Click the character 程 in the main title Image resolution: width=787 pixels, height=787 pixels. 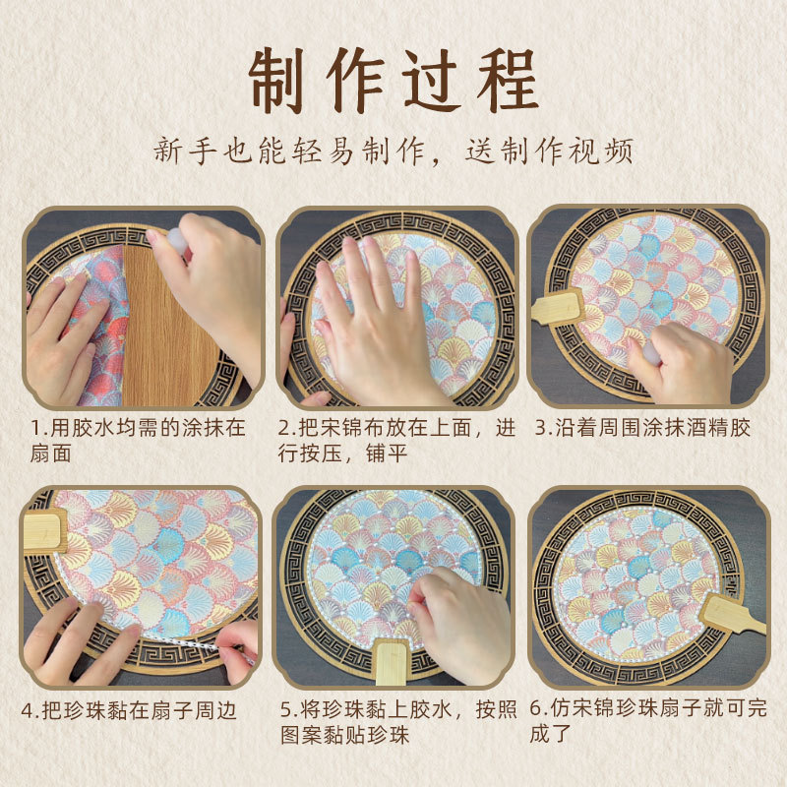click(508, 80)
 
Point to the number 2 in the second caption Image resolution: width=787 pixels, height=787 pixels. click(284, 428)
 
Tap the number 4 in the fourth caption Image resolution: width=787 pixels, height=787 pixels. click(28, 711)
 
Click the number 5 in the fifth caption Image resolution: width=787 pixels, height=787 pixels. click(286, 709)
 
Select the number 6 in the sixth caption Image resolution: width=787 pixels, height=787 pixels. click(536, 708)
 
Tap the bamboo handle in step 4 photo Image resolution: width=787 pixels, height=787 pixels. click(45, 530)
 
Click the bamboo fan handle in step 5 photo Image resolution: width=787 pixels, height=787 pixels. click(393, 661)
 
